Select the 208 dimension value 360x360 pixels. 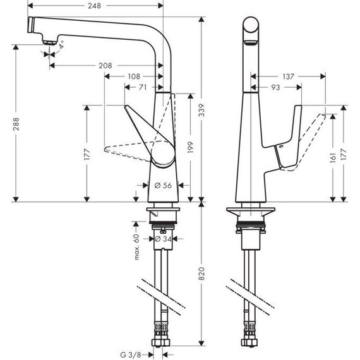point(106,65)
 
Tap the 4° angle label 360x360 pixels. point(62,45)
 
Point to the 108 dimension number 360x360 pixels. point(133,76)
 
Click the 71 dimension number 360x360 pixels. point(144,88)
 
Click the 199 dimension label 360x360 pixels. point(190,148)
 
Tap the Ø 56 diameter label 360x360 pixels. point(163,186)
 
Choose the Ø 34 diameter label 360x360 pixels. point(163,239)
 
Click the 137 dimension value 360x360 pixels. point(288,76)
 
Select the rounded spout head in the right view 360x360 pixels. point(251,30)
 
